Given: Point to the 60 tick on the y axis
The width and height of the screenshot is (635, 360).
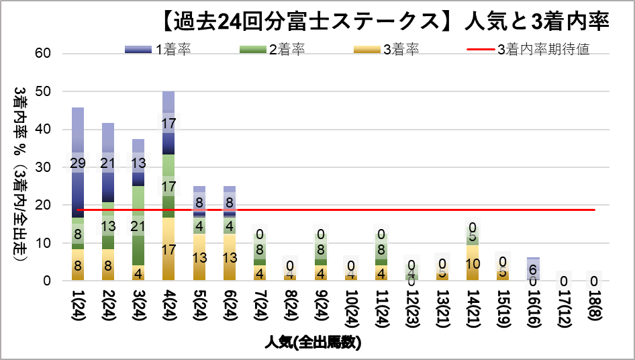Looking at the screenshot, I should tap(52, 53).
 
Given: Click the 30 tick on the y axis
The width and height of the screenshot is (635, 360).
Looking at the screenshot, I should tap(52, 167).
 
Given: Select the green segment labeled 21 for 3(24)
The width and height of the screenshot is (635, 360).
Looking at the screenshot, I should tap(138, 226).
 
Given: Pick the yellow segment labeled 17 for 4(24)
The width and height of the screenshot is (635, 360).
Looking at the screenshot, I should tap(168, 249).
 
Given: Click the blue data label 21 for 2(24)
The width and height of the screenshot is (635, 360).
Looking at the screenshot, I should tap(108, 163).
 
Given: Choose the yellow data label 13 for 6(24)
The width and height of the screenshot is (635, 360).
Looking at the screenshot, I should tap(229, 258).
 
